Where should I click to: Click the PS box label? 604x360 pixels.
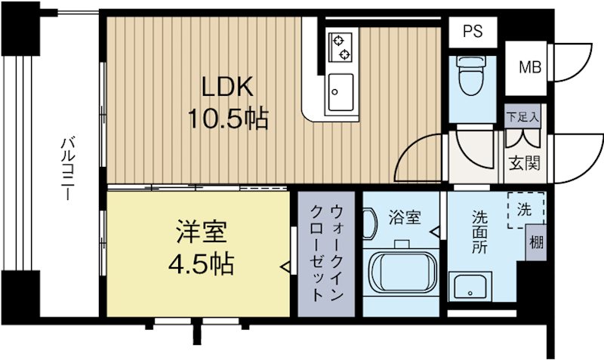[x=472, y=32]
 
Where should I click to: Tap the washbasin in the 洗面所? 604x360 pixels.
[x=471, y=288]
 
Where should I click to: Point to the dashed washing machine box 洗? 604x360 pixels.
[x=523, y=211]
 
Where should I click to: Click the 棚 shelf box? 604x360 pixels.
[x=535, y=243]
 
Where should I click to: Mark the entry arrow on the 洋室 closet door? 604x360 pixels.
[x=285, y=266]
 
